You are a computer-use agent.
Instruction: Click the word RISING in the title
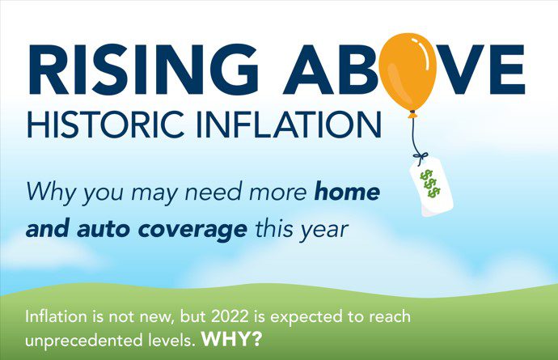click(x=142, y=69)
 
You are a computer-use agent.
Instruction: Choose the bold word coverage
click(x=192, y=230)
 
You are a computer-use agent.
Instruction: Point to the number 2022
click(x=229, y=316)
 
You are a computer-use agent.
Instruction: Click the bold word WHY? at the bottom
click(x=231, y=339)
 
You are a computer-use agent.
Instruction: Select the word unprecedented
click(x=83, y=341)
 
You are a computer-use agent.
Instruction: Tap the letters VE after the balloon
click(x=481, y=69)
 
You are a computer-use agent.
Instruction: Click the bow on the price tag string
click(x=421, y=157)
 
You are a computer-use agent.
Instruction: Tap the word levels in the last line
click(x=171, y=340)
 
